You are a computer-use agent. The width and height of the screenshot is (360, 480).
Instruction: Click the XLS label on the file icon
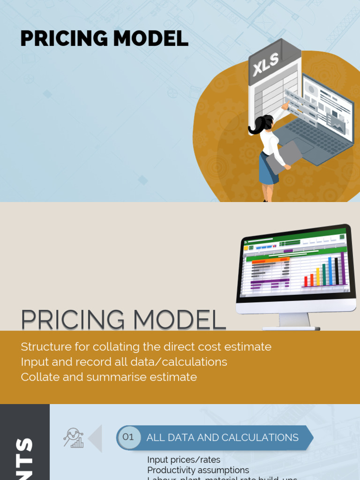(x=266, y=65)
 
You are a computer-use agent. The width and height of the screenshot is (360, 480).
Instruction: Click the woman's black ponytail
(x=257, y=126)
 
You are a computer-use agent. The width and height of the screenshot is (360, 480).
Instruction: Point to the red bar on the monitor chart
(x=306, y=281)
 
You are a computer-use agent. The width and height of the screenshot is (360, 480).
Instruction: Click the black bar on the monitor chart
(x=336, y=271)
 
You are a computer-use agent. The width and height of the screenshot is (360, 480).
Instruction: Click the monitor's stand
(x=294, y=321)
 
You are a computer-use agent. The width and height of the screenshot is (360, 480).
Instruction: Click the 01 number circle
(x=128, y=437)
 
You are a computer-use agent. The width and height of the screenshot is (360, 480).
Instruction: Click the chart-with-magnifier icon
(x=74, y=438)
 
